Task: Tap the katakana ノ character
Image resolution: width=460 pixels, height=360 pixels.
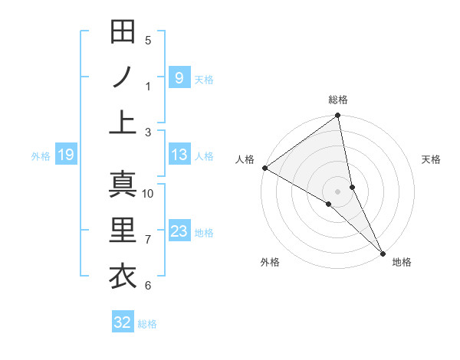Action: pos(123,77)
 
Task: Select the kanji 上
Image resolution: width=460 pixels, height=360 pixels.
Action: pos(123,123)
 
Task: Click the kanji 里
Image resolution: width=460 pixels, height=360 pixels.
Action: pos(123,231)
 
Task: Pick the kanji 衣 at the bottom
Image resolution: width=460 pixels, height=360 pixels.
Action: pos(123,277)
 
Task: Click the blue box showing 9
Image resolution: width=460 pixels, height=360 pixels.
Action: pos(179,77)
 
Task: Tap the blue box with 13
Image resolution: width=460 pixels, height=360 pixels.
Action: pos(179,155)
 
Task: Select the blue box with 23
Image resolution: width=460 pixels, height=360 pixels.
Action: pos(179,231)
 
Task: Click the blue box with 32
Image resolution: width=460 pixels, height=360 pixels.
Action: pos(123,322)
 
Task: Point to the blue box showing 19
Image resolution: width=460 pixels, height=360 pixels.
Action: pos(65,155)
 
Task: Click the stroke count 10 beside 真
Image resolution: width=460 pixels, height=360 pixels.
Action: pos(148,193)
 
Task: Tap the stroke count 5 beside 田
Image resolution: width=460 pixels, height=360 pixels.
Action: pos(148,40)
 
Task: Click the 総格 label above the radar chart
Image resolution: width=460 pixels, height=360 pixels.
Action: pos(338,100)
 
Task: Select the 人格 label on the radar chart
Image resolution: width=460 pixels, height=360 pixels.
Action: pos(245,159)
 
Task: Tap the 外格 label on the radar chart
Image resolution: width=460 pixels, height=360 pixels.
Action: pos(270,262)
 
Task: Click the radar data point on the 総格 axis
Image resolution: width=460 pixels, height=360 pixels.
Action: pos(338,116)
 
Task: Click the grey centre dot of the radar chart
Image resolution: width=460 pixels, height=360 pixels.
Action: pos(338,191)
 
